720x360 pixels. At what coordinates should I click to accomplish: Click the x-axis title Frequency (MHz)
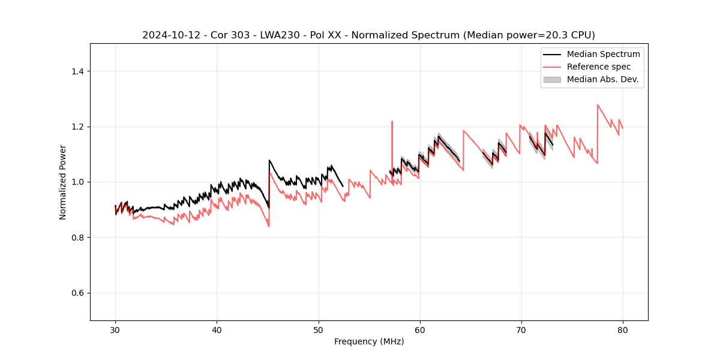tap(369, 341)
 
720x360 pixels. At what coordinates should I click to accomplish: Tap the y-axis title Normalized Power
tap(63, 182)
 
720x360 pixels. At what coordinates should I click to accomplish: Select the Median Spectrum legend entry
tap(603, 54)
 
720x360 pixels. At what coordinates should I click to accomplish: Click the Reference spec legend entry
tap(598, 67)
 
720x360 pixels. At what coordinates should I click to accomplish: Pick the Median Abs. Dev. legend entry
tap(602, 79)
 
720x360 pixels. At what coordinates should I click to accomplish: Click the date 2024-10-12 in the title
tap(166, 35)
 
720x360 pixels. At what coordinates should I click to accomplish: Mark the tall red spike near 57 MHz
tap(392, 122)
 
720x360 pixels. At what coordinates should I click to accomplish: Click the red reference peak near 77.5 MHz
tap(598, 106)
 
